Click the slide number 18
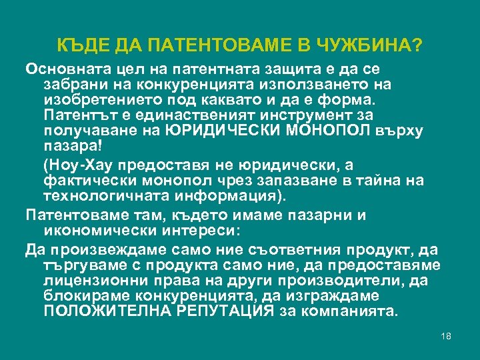446,336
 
